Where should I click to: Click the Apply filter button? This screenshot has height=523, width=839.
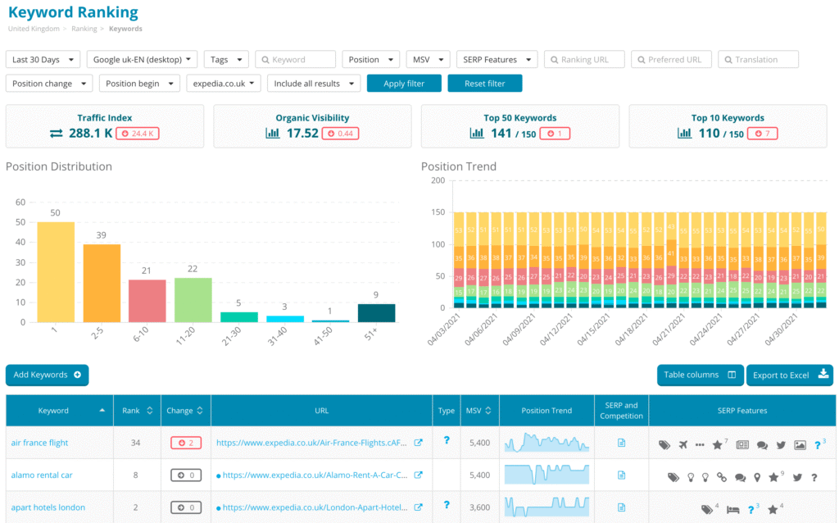404,84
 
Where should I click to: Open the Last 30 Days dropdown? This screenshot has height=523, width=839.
43,59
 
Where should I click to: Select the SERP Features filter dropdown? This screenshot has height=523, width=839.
497,59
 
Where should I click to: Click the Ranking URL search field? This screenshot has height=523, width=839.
583,59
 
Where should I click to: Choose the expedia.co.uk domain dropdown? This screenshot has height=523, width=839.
224,84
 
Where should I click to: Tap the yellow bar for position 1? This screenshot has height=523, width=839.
56,271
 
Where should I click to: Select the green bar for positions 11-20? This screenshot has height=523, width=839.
193,299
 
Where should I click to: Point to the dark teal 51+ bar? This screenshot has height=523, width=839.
377,312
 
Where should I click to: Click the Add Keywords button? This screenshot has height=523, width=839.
47,375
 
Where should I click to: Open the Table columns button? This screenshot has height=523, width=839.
700,375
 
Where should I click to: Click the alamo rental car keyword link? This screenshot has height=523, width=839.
42,475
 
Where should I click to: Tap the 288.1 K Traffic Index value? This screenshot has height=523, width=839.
90,133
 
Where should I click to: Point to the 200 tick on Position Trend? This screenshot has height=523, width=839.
437,180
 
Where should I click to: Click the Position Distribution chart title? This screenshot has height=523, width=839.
59,166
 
